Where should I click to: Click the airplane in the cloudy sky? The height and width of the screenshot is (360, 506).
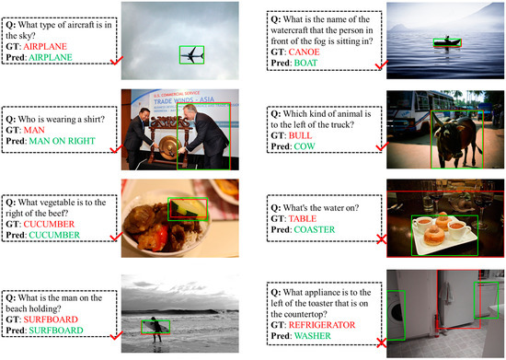pyautogui.click(x=192, y=55)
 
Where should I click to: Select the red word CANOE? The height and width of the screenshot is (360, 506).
pyautogui.click(x=304, y=52)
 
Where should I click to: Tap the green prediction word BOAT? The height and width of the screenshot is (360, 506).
pyautogui.click(x=305, y=63)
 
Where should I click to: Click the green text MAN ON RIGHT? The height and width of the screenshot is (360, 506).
pyautogui.click(x=62, y=141)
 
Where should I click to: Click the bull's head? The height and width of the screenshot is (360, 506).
pyautogui.click(x=443, y=129)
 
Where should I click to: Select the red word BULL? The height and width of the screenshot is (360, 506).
pyautogui.click(x=300, y=135)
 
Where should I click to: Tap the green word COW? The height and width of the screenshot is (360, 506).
pyautogui.click(x=305, y=146)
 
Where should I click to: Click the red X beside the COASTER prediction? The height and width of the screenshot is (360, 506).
pyautogui.click(x=382, y=239)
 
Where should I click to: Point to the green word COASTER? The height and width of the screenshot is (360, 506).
pyautogui.click(x=315, y=229)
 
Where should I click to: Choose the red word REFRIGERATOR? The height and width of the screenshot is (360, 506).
pyautogui.click(x=322, y=325)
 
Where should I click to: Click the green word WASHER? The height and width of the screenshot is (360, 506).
pyautogui.click(x=313, y=336)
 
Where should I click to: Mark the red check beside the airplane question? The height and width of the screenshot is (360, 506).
pyautogui.click(x=117, y=61)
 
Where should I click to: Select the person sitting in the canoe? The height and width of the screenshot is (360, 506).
pyautogui.click(x=447, y=39)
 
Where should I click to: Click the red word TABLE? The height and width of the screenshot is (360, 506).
pyautogui.click(x=303, y=219)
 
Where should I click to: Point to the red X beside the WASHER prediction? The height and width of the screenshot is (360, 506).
pyautogui.click(x=382, y=343)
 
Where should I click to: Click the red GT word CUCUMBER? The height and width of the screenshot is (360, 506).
pyautogui.click(x=49, y=224)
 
